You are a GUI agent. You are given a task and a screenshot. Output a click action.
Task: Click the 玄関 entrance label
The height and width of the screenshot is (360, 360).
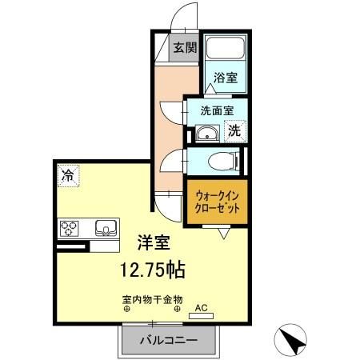pos(186,47)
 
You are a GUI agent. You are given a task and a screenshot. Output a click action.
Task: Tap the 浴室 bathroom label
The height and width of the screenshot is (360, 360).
pos(226,78)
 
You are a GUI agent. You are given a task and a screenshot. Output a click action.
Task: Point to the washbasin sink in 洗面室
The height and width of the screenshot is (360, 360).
pos(208,132)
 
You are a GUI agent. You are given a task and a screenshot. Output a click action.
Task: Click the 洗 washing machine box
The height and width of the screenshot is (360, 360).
pos(234,131)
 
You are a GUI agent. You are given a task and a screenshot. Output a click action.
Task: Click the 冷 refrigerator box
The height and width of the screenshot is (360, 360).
pos(67,174)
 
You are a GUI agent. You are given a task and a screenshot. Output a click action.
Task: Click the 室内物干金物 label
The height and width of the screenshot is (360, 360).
pos(152,301)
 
